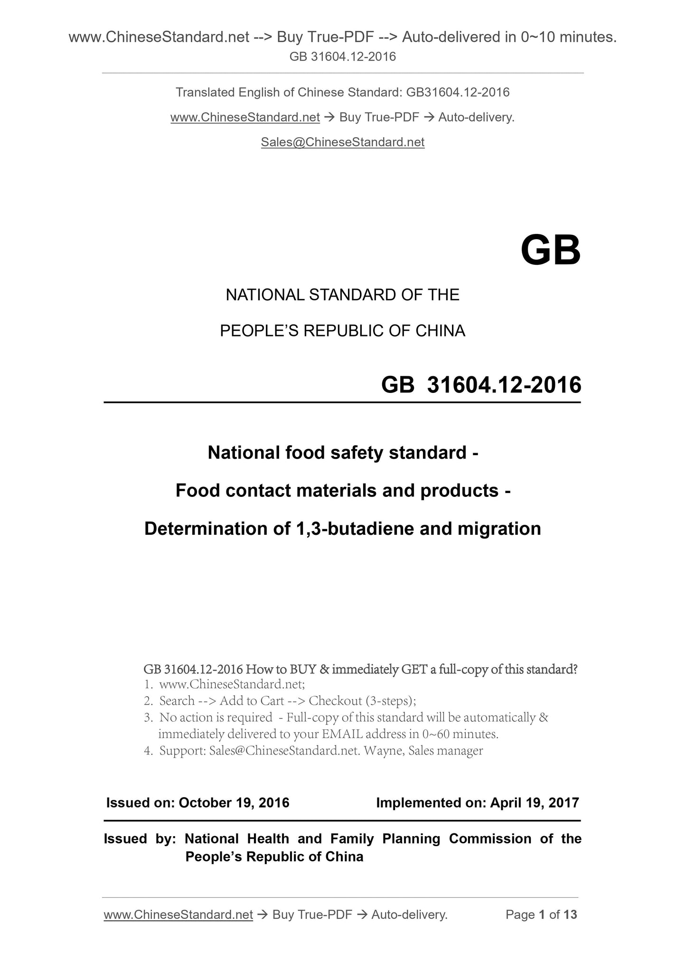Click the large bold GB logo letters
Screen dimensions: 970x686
click(550, 251)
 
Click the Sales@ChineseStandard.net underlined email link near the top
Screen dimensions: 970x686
click(342, 142)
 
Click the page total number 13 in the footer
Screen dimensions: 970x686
click(570, 914)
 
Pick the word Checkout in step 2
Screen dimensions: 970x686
click(335, 700)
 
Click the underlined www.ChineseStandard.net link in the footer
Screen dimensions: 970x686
click(178, 914)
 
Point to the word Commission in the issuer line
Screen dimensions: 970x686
click(490, 839)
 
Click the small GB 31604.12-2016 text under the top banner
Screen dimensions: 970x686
click(343, 57)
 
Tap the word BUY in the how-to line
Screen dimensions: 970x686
click(303, 670)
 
